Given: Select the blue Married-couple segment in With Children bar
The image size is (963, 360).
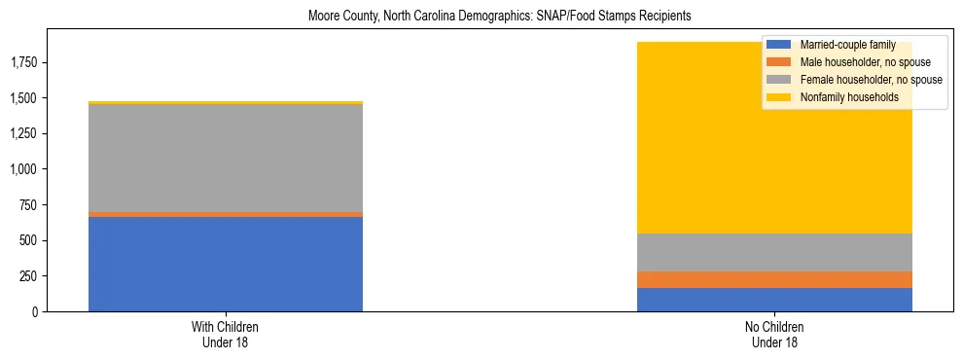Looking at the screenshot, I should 226,264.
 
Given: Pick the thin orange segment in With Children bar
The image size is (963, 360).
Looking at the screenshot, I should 226,214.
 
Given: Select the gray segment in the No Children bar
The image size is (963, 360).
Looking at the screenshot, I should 774,252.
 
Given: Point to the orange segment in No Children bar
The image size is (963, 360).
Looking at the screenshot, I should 774,279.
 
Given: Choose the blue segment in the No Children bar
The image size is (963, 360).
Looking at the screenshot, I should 774,300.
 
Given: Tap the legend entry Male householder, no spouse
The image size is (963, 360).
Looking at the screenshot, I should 857,62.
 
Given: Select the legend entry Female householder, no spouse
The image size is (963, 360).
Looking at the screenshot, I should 861,80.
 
